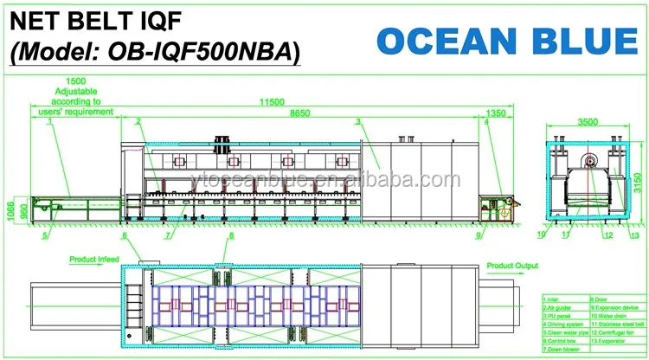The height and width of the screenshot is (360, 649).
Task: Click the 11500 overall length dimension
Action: [273, 102]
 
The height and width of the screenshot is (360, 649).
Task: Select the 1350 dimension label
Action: [496, 112]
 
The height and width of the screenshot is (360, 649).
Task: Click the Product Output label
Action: [511, 265]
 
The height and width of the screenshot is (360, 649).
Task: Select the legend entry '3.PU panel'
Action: [561, 315]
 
